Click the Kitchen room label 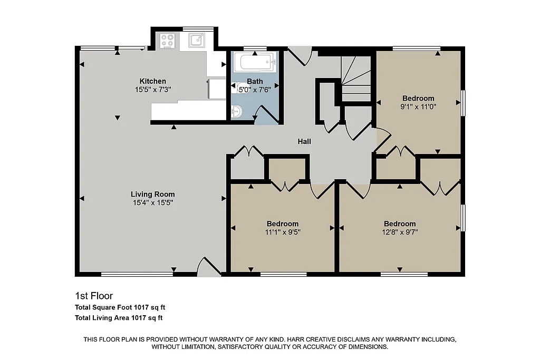coord(152,81)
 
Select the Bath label coord(255,81)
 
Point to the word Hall coord(304,141)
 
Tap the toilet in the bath coord(236,112)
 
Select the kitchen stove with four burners coord(168,41)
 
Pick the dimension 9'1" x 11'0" coord(418,106)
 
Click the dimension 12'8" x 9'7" coord(399,231)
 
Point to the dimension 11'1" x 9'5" coord(282,231)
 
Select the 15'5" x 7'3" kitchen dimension coord(152,89)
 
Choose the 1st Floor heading coord(94,296)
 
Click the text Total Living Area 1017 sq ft coord(119,317)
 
